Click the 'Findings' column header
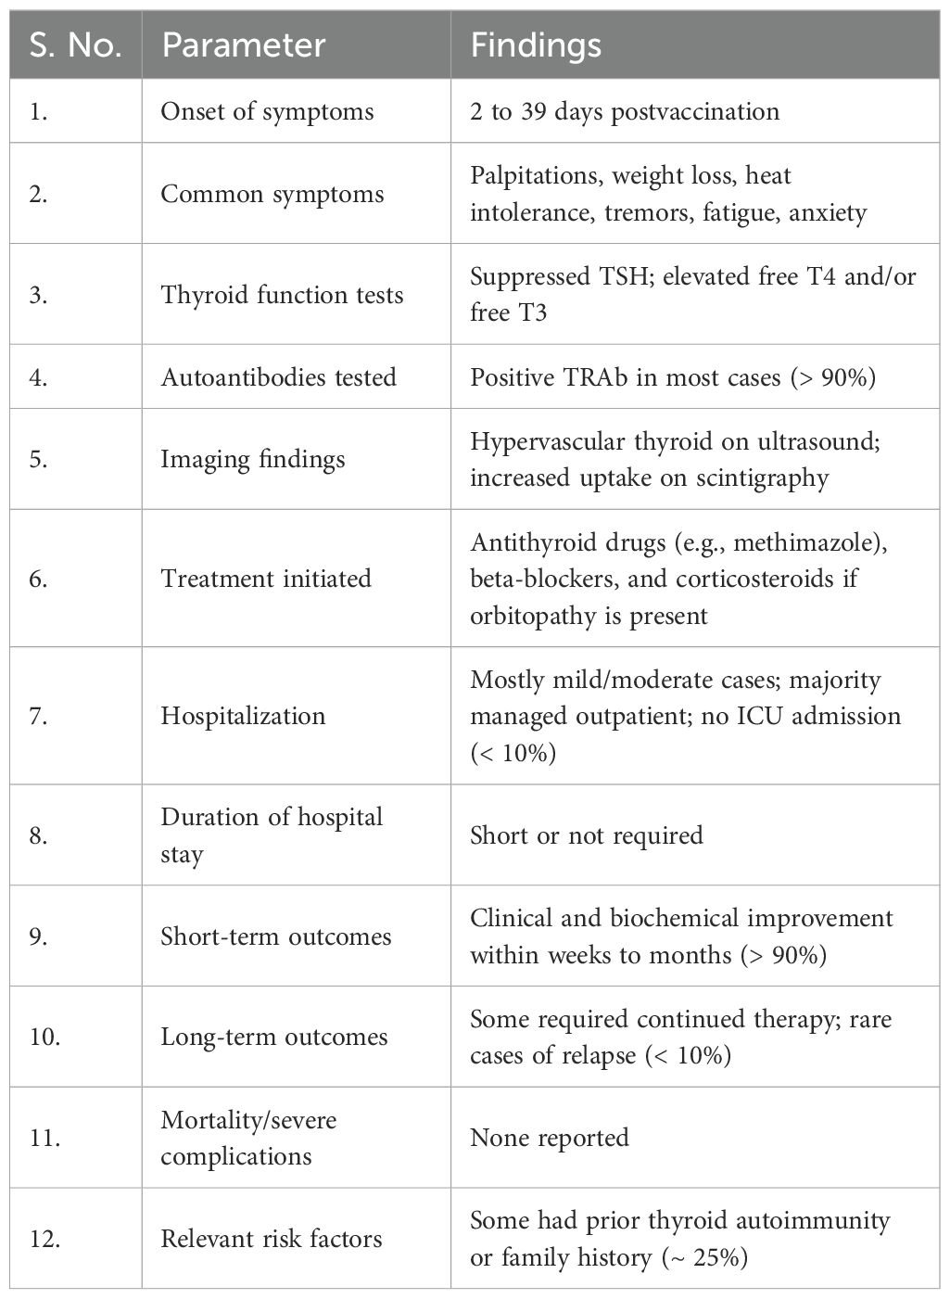tap(536, 45)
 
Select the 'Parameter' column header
tap(244, 45)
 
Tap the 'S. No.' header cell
tap(76, 45)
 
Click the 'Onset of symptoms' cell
tap(267, 112)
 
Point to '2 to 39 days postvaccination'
tap(625, 112)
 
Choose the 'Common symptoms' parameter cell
tap(272, 194)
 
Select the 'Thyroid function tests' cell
tap(282, 295)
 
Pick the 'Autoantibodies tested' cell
tap(278, 377)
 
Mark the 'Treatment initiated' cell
tap(266, 579)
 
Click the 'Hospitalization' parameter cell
tap(243, 716)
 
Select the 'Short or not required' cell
tap(586, 835)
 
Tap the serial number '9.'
tap(39, 936)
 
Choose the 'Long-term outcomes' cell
tap(274, 1037)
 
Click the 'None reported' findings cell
tap(550, 1138)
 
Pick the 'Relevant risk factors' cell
tap(272, 1239)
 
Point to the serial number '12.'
tap(44, 1239)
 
